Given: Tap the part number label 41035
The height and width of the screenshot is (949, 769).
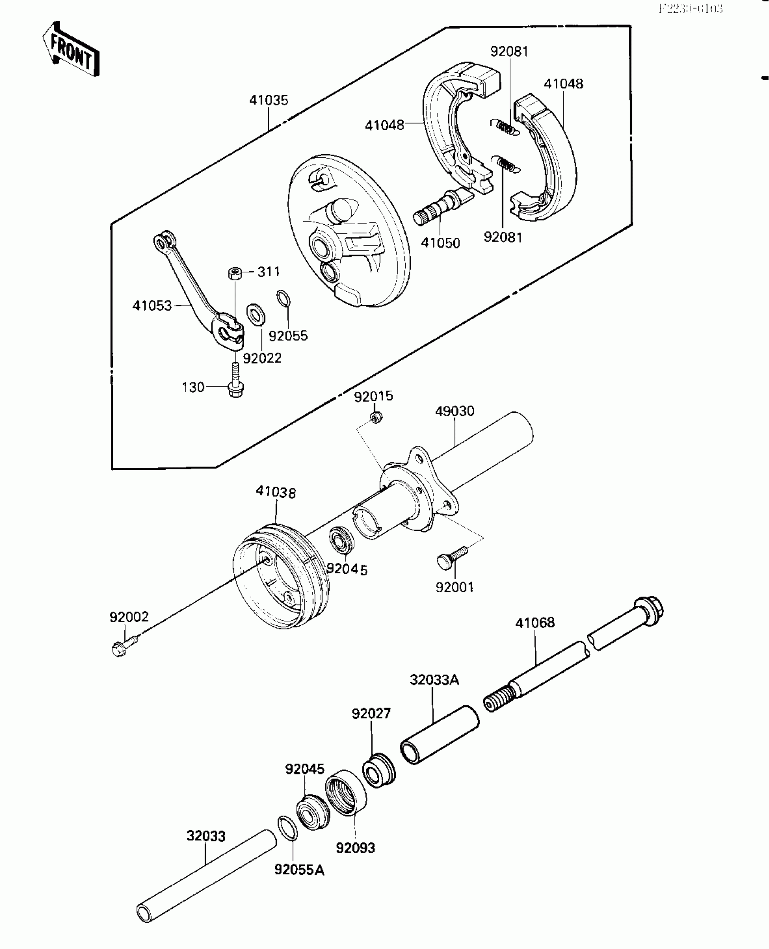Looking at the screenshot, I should [x=268, y=100].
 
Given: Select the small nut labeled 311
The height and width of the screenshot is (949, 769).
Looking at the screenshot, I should [x=234, y=274].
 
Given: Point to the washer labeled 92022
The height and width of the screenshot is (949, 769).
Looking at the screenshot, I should [x=256, y=313].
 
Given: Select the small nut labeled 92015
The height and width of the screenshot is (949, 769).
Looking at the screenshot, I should [x=375, y=417].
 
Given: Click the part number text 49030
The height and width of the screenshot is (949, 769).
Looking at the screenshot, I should [x=455, y=411].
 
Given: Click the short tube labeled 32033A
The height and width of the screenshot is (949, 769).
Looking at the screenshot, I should [x=440, y=736].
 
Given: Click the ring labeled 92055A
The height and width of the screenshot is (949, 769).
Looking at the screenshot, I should [x=287, y=828].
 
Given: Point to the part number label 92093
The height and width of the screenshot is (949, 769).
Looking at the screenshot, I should [x=356, y=848].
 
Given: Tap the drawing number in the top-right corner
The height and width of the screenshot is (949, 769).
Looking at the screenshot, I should [x=691, y=9].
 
